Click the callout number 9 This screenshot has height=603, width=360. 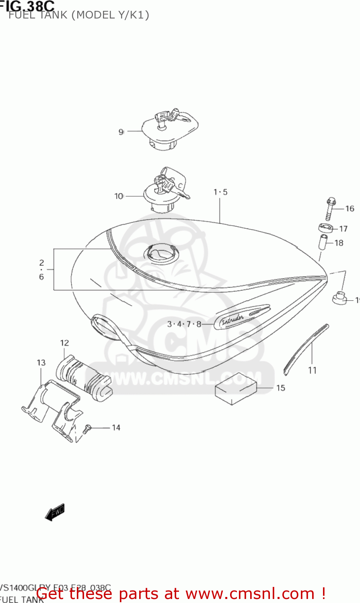(121, 132)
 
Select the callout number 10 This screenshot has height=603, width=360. (119, 196)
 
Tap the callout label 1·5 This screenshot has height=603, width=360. (220, 192)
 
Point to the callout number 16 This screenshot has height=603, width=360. (350, 208)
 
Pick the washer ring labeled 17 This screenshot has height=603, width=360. (326, 228)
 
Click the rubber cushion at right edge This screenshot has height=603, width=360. (339, 298)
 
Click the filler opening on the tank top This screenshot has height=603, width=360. (160, 253)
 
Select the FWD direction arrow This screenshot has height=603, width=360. (55, 513)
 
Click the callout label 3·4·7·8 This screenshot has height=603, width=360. (184, 324)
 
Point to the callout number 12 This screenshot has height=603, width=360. (64, 343)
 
